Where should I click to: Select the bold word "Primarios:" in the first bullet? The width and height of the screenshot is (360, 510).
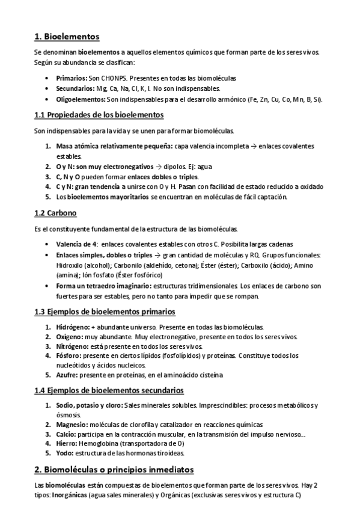pyautogui.click(x=72, y=78)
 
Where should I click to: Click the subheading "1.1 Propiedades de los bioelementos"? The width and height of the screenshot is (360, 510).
pyautogui.click(x=99, y=115)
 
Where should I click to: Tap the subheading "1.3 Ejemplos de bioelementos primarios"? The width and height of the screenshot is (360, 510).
pyautogui.click(x=105, y=312)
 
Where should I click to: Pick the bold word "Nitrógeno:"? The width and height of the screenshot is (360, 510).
pyautogui.click(x=73, y=347)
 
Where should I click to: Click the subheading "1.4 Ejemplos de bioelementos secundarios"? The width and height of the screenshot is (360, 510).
pyautogui.click(x=109, y=390)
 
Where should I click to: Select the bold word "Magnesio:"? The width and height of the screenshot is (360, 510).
pyautogui.click(x=73, y=424)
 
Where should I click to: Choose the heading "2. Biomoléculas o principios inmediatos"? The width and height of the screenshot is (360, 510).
pyautogui.click(x=114, y=469)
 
